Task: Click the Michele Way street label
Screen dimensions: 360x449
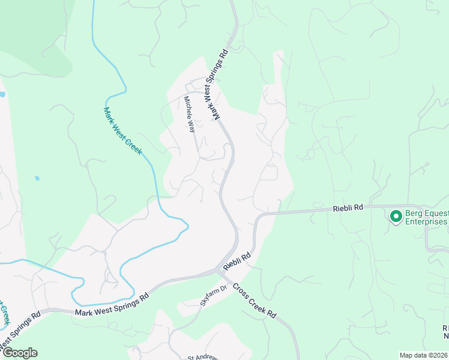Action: pyautogui.click(x=190, y=114)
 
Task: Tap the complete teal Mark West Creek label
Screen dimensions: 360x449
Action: pyautogui.click(x=122, y=131)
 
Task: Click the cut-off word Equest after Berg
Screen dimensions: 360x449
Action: pyautogui.click(x=438, y=212)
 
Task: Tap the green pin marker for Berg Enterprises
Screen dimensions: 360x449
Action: pyautogui.click(x=396, y=216)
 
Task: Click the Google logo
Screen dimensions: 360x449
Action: pyautogui.click(x=20, y=353)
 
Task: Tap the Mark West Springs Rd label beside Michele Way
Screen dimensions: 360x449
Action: pyautogui.click(x=216, y=84)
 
